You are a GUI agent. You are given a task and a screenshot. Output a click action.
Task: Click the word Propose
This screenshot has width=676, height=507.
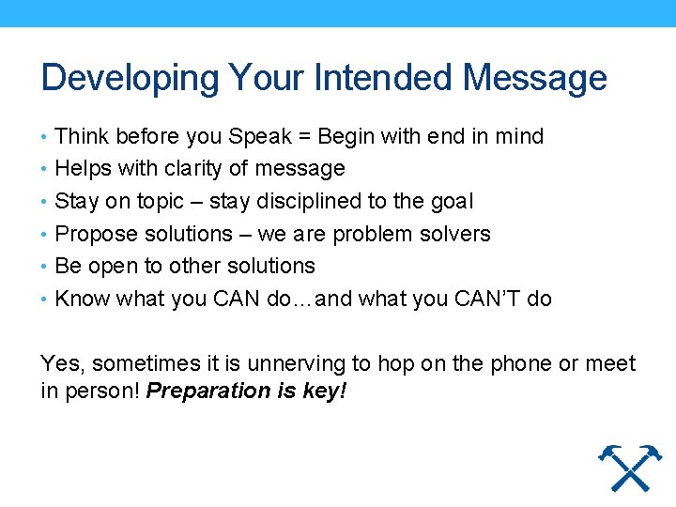[x=91, y=234]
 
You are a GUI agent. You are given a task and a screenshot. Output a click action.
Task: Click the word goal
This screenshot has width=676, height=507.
[x=452, y=201]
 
